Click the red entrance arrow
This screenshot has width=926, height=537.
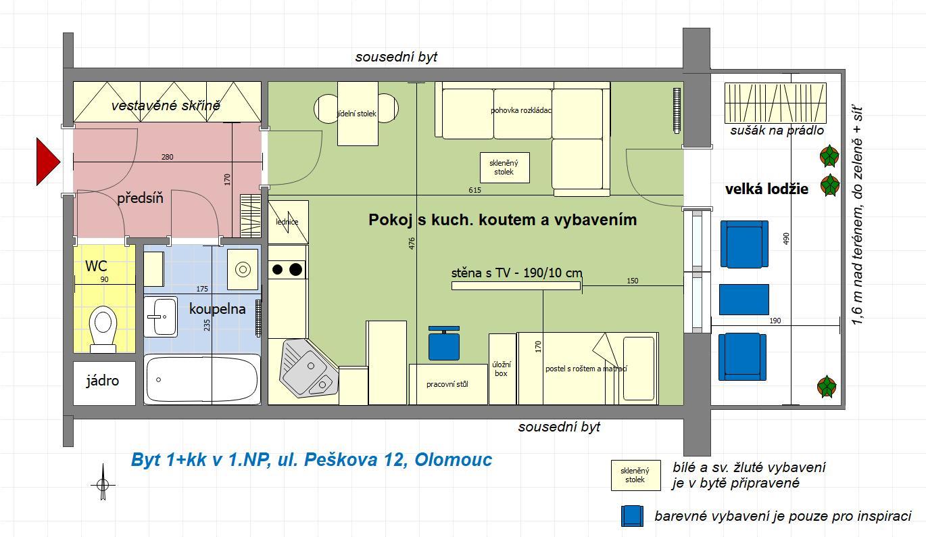point(47,162)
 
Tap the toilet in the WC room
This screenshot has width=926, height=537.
point(103,329)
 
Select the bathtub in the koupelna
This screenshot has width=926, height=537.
point(202,380)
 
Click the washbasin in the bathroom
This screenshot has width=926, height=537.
point(161,317)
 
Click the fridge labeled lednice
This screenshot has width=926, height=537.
point(288,222)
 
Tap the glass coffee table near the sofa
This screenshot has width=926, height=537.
point(504,168)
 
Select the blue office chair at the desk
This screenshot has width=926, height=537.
point(443,343)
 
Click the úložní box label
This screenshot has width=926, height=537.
point(502,369)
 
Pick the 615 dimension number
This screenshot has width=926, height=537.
point(474,190)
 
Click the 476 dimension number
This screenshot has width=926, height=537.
point(412,243)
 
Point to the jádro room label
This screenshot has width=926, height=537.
point(103,381)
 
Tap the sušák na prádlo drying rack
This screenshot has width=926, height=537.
point(775,103)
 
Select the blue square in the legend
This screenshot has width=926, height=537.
point(632,516)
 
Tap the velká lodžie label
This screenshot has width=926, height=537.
point(767,189)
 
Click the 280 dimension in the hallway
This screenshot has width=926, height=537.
point(168,157)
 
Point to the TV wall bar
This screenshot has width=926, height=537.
point(516,285)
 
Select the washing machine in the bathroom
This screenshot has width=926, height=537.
point(243,269)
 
